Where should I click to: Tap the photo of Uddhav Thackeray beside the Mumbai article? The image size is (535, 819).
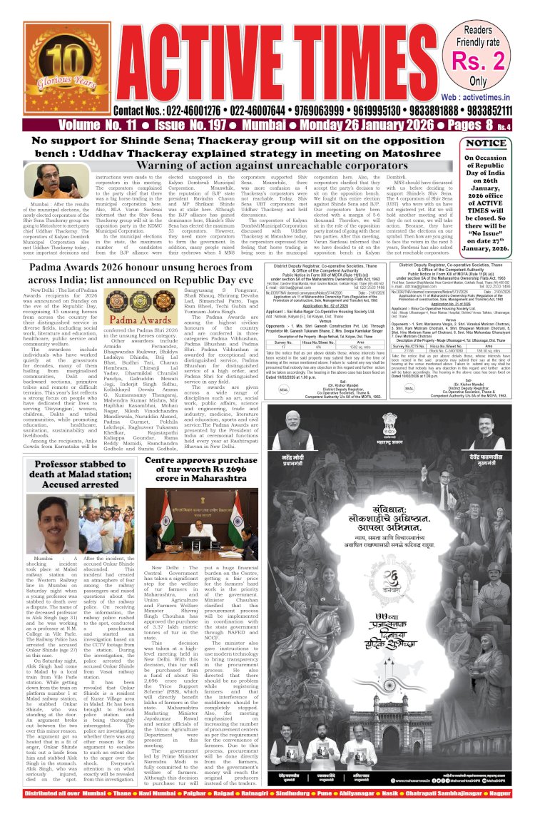[x=47, y=180]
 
